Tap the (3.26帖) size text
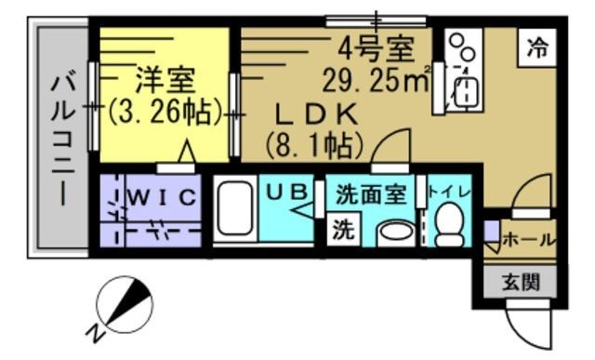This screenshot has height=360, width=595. pyautogui.click(x=165, y=113)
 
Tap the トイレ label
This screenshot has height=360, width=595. pyautogui.click(x=450, y=193)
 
